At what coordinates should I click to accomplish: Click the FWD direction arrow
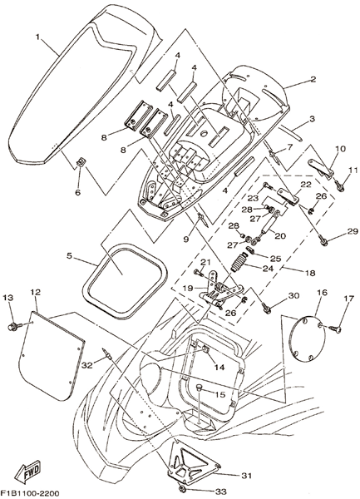(x=28, y=471)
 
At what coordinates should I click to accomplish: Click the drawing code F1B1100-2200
(x=30, y=492)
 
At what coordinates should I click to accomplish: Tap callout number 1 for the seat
(x=37, y=37)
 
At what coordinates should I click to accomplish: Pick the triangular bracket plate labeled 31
(x=193, y=459)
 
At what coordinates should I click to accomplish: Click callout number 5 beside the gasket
(x=69, y=255)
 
